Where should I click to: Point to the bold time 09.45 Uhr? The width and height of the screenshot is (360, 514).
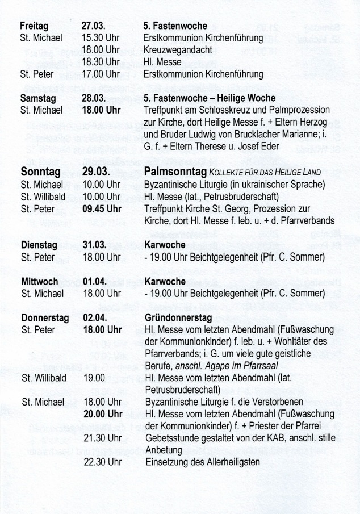tap(102, 208)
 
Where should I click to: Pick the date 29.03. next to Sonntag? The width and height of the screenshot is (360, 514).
tap(97, 172)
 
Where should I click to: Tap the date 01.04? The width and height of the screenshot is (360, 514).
tap(95, 282)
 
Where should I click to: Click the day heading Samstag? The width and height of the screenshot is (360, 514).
tap(37, 98)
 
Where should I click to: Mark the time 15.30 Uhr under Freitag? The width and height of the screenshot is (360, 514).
tap(102, 38)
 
